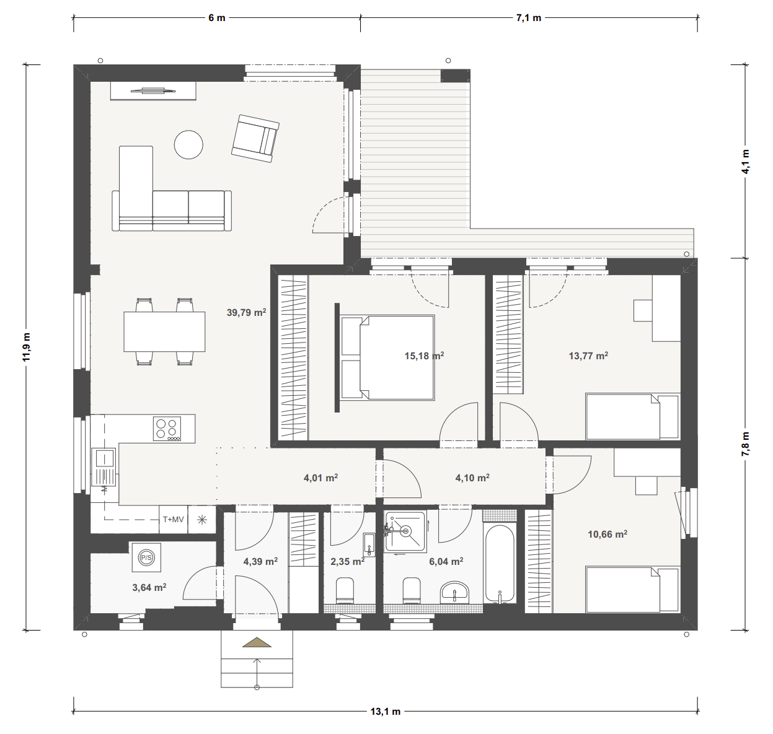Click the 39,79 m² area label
(x=246, y=313)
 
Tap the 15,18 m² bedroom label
(x=424, y=356)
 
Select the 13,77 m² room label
(x=588, y=356)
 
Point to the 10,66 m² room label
(x=607, y=533)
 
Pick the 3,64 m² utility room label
(x=149, y=587)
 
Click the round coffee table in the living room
(x=188, y=145)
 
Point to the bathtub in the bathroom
(x=500, y=564)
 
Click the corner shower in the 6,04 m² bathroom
(x=405, y=531)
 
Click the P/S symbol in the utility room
(x=146, y=557)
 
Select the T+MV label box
(x=173, y=520)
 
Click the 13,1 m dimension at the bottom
(x=386, y=712)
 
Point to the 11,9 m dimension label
(x=26, y=347)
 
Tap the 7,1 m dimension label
(x=528, y=18)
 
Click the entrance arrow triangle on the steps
(x=257, y=643)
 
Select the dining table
(x=164, y=331)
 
